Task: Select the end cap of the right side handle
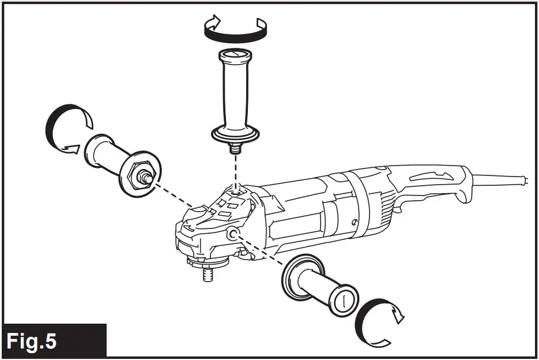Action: [x=344, y=301]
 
